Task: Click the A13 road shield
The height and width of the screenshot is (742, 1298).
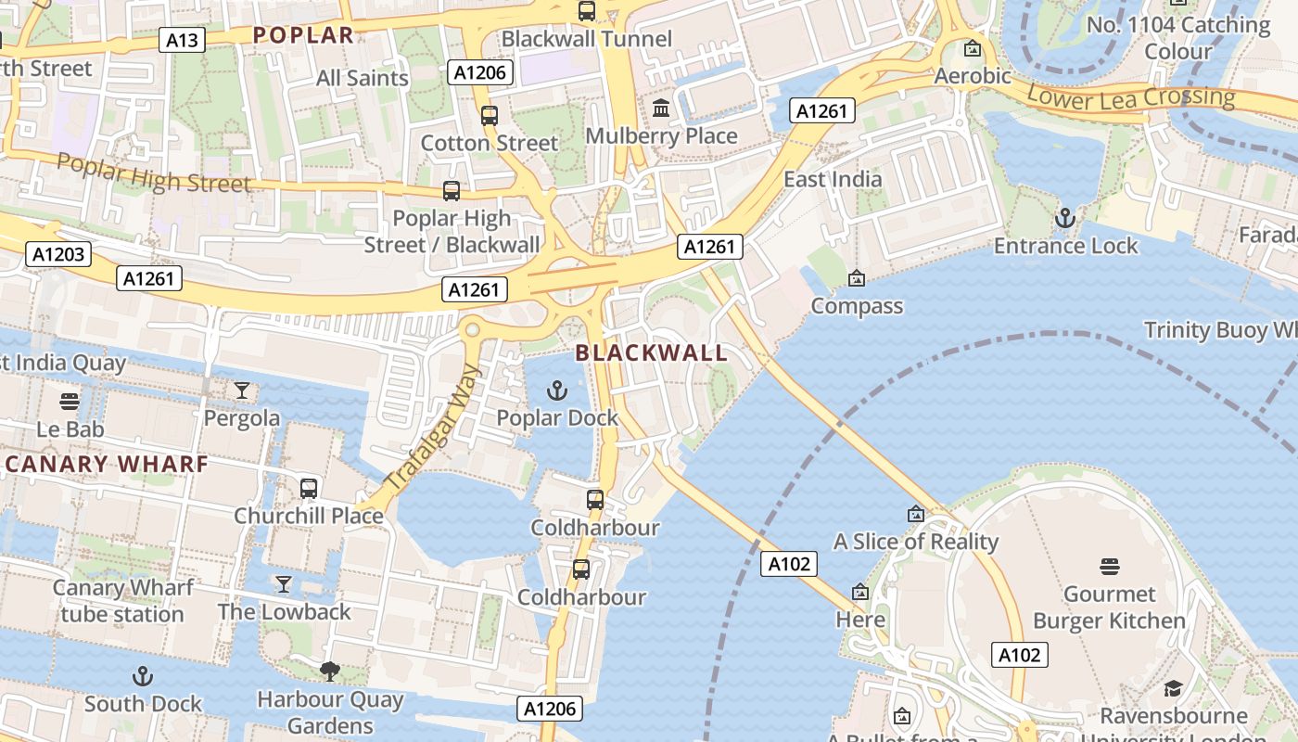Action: click(x=182, y=40)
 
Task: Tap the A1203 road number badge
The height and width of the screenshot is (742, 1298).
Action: click(x=58, y=254)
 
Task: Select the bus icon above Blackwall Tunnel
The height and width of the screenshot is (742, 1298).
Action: click(x=587, y=11)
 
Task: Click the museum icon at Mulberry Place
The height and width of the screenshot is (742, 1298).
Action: click(x=661, y=109)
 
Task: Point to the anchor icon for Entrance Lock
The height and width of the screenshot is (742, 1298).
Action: click(x=1065, y=219)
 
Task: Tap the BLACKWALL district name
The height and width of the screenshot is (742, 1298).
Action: click(x=651, y=352)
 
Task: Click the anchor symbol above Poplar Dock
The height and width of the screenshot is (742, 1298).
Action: click(x=557, y=390)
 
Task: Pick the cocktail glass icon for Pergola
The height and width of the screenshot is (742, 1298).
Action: click(x=242, y=390)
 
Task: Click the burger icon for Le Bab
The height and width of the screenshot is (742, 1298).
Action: click(x=70, y=402)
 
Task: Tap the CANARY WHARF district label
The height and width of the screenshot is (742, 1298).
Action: click(x=104, y=465)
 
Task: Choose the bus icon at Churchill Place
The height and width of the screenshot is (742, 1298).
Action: click(x=309, y=488)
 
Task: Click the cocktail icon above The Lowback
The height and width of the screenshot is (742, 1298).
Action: click(x=284, y=584)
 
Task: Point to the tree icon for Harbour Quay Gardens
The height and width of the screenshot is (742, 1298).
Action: click(x=329, y=671)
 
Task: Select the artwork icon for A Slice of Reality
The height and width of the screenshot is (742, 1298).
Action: click(x=916, y=514)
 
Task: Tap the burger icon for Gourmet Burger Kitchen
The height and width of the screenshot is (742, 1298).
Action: click(x=1110, y=566)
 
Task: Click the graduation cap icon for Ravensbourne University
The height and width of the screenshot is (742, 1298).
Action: click(x=1173, y=688)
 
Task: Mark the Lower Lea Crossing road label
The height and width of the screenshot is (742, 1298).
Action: click(x=1131, y=96)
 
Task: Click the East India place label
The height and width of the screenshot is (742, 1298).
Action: click(x=833, y=179)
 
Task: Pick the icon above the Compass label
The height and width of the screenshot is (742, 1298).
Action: click(x=856, y=278)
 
